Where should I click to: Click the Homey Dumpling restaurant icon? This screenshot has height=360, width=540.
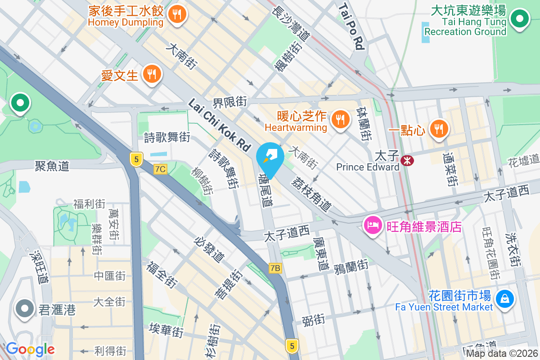pyautogui.click(x=177, y=14)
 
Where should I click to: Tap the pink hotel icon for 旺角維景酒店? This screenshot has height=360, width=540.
pyautogui.click(x=373, y=225)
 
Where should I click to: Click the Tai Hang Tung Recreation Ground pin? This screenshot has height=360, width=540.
pyautogui.click(x=520, y=19)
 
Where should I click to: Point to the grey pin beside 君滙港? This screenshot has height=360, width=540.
pyautogui.click(x=25, y=309)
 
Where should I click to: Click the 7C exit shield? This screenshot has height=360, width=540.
pyautogui.click(x=160, y=169)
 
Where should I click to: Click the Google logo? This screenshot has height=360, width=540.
pyautogui.click(x=30, y=349)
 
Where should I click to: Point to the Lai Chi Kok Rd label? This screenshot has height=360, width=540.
pyautogui.click(x=219, y=125)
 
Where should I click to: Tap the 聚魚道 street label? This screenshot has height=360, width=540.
pyautogui.click(x=52, y=166)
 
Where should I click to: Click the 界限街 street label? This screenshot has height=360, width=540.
pyautogui.click(x=229, y=102)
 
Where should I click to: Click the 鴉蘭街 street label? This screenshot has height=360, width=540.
pyautogui.click(x=351, y=267)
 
